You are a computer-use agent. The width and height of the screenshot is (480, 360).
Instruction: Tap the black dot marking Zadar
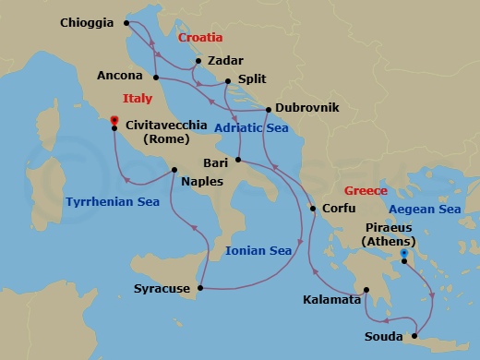tap(196, 62)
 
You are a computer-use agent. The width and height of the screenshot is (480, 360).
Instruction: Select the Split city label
tap(250, 79)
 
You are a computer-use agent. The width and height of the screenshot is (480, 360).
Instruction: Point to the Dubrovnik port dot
tap(268, 110)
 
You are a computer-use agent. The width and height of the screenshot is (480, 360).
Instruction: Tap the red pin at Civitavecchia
tap(114, 122)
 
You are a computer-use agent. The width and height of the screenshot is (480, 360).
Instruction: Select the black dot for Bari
tap(237, 162)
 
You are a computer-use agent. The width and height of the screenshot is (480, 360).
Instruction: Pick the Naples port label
tap(202, 181)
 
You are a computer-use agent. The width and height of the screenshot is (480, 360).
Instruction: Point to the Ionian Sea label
tap(259, 249)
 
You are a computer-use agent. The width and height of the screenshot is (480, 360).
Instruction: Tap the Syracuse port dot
tap(201, 289)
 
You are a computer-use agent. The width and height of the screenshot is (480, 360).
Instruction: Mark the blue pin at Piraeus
tap(404, 252)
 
